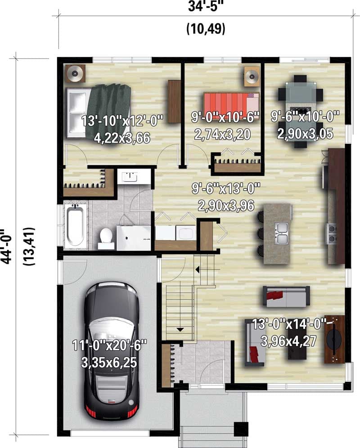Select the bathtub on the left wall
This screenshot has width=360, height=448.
pyautogui.click(x=75, y=226)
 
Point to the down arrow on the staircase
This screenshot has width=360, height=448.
pyautogui.click(x=180, y=330)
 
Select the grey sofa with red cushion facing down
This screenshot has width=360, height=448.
pyautogui.click(x=286, y=296)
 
